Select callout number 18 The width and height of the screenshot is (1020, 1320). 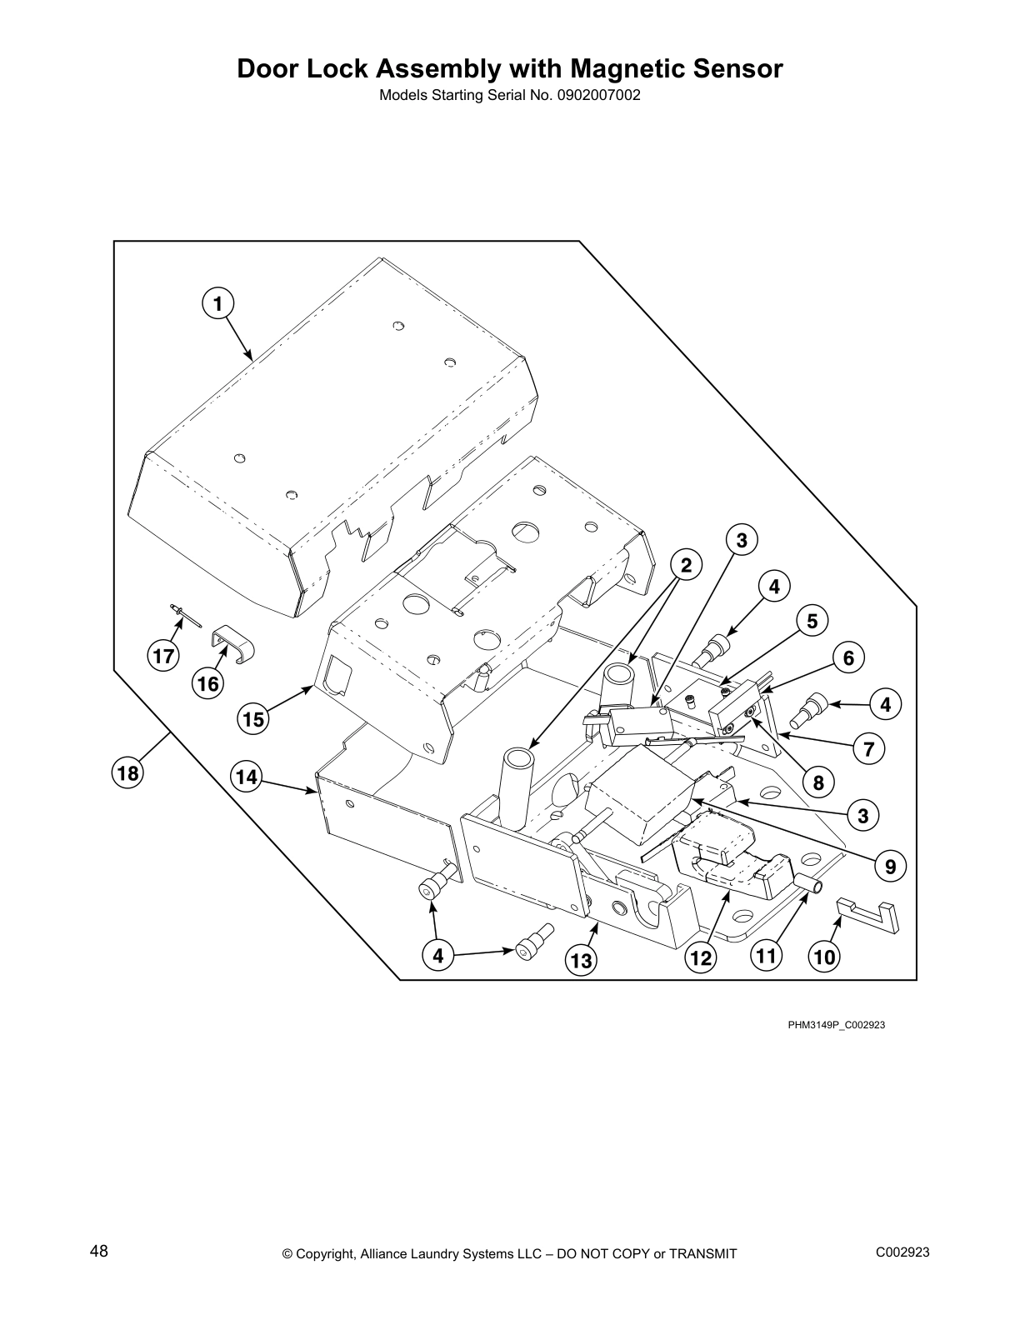point(127,773)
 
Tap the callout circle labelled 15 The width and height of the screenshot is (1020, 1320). point(255,718)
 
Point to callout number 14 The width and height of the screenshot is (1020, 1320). point(246,777)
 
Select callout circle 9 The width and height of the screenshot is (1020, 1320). point(890,867)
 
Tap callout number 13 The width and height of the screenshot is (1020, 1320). point(581,961)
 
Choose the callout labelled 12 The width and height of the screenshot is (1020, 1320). point(702,958)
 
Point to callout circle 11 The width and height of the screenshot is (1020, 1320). point(766,955)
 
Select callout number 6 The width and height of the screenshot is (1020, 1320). point(848,658)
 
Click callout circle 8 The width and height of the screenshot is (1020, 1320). point(817,782)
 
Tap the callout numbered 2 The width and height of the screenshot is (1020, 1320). point(685,566)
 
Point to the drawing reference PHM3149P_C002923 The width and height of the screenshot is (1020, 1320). point(836,1024)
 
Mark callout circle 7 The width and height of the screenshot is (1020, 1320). point(868,748)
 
